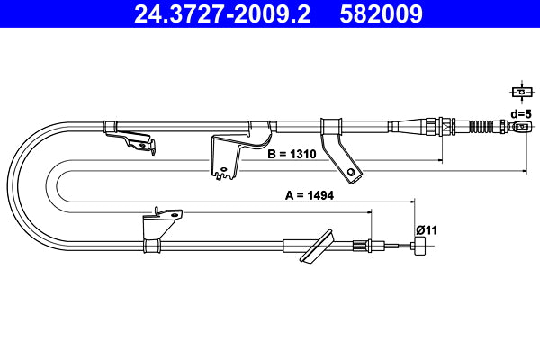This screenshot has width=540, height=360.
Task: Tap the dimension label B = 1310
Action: coord(292,155)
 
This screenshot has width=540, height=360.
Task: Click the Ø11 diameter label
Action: coord(426,229)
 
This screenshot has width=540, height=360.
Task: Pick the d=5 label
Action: coord(520,113)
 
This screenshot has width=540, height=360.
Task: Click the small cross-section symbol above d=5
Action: coord(520,91)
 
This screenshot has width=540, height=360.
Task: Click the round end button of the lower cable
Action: coord(420,248)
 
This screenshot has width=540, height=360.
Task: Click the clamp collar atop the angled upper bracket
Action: coord(328,126)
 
